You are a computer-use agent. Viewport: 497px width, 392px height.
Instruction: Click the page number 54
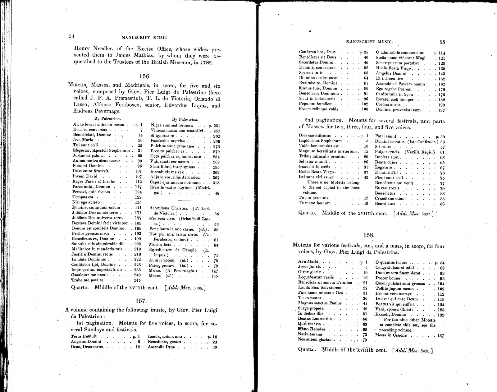tap(71, 36)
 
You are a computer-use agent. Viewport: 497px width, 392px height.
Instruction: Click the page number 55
tap(442, 42)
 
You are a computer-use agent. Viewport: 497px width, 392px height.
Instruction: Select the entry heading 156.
tap(144, 76)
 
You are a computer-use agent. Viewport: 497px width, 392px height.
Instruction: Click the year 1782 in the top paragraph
tap(204, 62)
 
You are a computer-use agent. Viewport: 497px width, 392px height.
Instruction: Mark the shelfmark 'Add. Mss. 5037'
tap(415, 214)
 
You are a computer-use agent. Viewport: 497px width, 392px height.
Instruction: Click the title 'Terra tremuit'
tap(84, 336)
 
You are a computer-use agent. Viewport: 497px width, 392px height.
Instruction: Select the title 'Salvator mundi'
tap(313, 162)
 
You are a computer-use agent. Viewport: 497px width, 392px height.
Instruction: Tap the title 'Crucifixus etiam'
tap(390, 199)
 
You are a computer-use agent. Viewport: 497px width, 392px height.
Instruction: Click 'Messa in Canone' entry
tap(391, 335)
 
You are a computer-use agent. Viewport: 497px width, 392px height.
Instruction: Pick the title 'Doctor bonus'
tap(388, 278)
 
